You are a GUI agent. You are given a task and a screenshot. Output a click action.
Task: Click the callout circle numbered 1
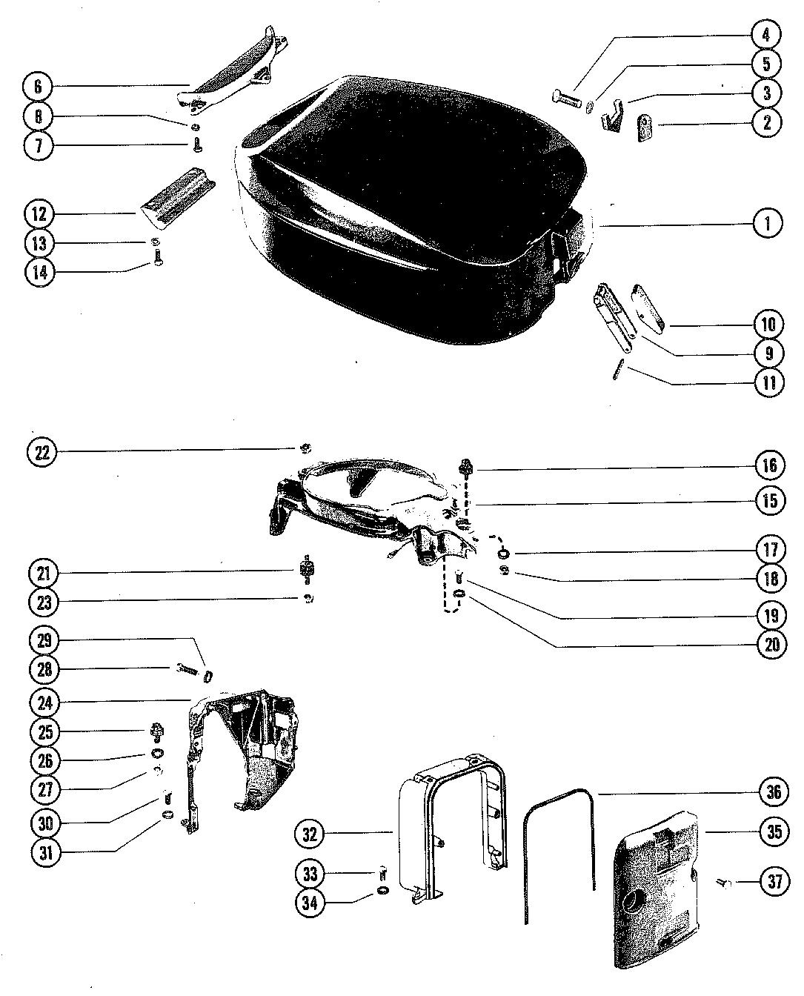coord(768,223)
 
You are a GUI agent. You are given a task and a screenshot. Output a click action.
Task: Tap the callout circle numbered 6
coord(37,87)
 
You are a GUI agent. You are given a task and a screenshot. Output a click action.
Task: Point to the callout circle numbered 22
coord(42,452)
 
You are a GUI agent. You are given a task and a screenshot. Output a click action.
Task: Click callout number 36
coord(774,792)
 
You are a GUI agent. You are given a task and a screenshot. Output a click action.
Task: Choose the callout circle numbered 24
coord(45,701)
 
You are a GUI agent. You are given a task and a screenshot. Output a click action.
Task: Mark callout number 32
coord(309,834)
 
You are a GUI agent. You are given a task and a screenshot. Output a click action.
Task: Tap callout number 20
coord(772,645)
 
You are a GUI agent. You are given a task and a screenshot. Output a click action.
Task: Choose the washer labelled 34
coord(382,890)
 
